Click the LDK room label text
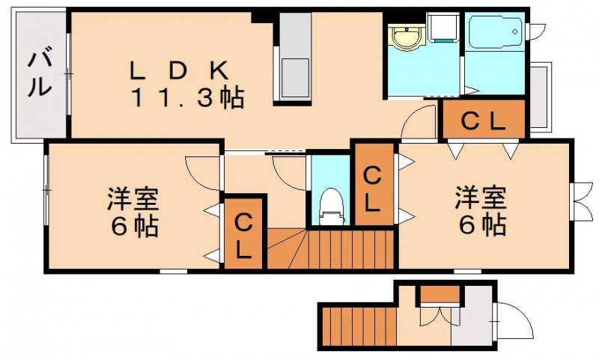click(x=179, y=71)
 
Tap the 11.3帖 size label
click(x=188, y=98)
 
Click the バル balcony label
click(x=39, y=74)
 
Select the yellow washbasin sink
click(x=407, y=37)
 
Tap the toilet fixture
click(x=331, y=206)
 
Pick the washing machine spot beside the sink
click(x=443, y=27)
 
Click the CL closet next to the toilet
click(x=374, y=184)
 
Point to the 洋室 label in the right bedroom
click(x=481, y=198)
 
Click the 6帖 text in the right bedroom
click(x=483, y=225)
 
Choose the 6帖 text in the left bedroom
click(x=135, y=226)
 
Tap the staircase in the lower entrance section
click(x=359, y=326)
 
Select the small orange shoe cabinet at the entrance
click(x=440, y=293)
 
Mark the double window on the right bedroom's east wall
click(x=580, y=201)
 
